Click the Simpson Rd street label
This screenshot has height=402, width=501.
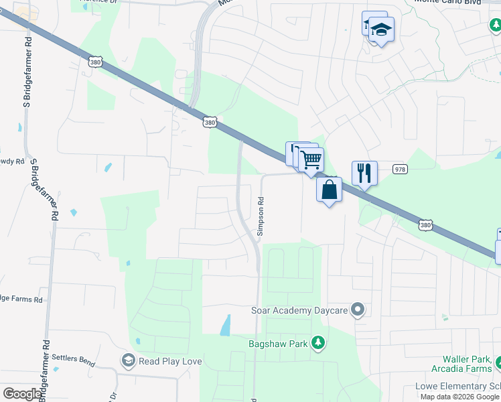[x=261, y=214]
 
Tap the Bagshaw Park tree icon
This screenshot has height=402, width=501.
[x=319, y=344]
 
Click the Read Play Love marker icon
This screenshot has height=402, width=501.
[x=128, y=361]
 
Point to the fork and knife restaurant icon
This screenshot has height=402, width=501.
[x=364, y=173]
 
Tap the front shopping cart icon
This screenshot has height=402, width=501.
[x=311, y=160]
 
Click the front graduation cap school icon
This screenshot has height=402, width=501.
[x=381, y=30]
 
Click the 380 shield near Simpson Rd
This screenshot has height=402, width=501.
[x=210, y=123]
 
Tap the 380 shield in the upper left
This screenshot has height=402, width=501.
[x=94, y=62]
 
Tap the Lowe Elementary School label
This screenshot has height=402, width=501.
[x=457, y=387]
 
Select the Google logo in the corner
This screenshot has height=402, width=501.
[x=22, y=394]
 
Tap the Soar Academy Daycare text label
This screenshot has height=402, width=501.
[x=299, y=310]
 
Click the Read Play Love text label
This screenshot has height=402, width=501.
[x=170, y=361]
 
